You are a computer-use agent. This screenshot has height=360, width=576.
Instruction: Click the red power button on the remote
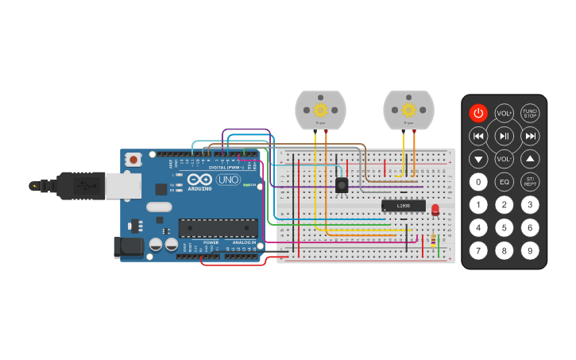pyautogui.click(x=477, y=113)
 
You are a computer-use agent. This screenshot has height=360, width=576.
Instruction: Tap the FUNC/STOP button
pyautogui.click(x=530, y=113)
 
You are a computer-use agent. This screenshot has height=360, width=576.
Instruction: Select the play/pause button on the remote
pyautogui.click(x=504, y=136)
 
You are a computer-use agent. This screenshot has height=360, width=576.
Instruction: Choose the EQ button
pyautogui.click(x=504, y=182)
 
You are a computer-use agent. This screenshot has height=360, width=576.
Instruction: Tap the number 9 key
pyautogui.click(x=530, y=251)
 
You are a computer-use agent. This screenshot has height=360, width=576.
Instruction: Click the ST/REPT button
pyautogui.click(x=530, y=182)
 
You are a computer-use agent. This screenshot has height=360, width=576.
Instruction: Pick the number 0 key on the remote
pyautogui.click(x=477, y=182)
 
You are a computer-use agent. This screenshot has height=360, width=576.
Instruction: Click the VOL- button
pyautogui.click(x=504, y=159)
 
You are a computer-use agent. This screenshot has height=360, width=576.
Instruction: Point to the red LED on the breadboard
pyautogui.click(x=435, y=209)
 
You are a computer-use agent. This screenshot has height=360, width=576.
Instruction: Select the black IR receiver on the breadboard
pyautogui.click(x=342, y=185)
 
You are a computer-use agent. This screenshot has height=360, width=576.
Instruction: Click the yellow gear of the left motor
pyautogui.click(x=321, y=110)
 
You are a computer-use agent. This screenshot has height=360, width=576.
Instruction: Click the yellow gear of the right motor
pyautogui.click(x=409, y=110)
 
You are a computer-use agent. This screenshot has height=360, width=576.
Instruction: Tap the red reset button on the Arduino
pyautogui.click(x=133, y=159)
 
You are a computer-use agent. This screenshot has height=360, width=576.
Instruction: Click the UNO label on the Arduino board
pyautogui.click(x=228, y=180)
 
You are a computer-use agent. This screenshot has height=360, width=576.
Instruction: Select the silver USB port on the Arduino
pyautogui.click(x=123, y=185)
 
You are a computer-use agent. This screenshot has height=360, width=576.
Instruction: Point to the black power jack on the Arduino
pyautogui.click(x=130, y=247)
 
